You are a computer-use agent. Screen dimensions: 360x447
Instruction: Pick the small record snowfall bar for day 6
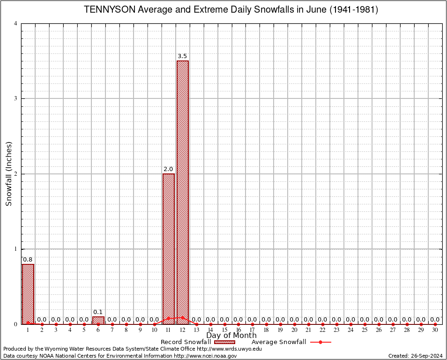[98, 320]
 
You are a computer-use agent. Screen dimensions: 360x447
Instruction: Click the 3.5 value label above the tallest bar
[182, 56]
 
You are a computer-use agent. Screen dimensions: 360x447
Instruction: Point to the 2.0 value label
[168, 169]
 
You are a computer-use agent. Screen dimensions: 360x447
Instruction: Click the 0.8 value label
[28, 259]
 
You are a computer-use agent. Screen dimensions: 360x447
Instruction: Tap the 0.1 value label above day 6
[98, 312]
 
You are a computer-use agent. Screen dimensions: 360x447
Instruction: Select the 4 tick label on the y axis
[16, 23]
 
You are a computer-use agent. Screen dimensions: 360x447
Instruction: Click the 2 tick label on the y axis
[16, 174]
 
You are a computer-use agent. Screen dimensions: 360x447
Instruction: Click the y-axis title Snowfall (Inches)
[9, 173]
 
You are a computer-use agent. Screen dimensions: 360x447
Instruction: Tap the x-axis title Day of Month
[231, 336]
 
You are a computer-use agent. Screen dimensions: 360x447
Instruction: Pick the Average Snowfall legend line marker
[320, 342]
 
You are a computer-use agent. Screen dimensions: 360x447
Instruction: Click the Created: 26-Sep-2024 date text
[415, 356]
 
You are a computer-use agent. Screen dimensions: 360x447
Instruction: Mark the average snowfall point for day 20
[294, 324]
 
